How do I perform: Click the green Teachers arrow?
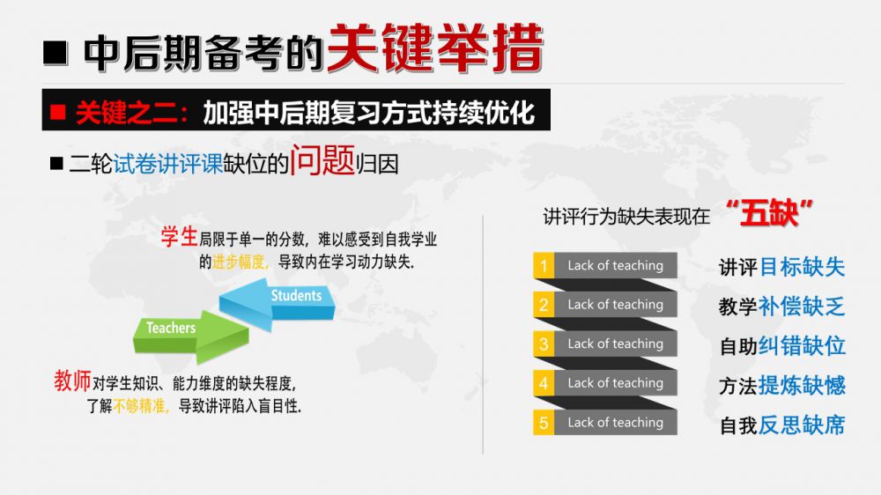191,336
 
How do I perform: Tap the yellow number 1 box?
544,265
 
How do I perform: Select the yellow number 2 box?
544,305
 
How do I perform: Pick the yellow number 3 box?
544,344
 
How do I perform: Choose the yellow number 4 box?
544,383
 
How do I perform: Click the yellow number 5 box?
544,423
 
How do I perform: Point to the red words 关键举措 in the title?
435,48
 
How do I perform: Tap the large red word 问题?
322,160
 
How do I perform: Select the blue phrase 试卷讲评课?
168,164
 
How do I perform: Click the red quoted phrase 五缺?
769,213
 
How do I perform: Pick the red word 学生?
179,237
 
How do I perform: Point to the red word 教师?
72,381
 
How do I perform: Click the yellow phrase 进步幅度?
239,262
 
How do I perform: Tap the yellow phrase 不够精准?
140,406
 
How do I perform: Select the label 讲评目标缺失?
782,267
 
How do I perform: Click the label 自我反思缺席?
782,425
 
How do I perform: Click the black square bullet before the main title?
55,53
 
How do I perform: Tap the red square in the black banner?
58,113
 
